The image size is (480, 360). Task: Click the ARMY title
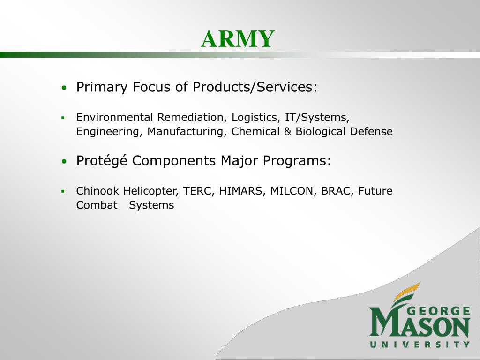238,39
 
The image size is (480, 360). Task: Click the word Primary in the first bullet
102,87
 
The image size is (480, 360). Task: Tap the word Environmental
114,117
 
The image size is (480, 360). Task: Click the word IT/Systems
317,118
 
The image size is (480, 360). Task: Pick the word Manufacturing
187,132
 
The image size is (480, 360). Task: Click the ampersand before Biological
287,132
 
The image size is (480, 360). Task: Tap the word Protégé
102,161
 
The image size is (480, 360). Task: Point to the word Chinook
97,191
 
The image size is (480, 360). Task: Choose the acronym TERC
199,191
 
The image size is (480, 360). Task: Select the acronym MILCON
293,191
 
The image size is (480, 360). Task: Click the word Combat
97,205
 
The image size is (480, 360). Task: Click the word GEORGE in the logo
439,311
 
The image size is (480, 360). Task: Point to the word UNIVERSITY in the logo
420,345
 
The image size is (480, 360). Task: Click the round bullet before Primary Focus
64,88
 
